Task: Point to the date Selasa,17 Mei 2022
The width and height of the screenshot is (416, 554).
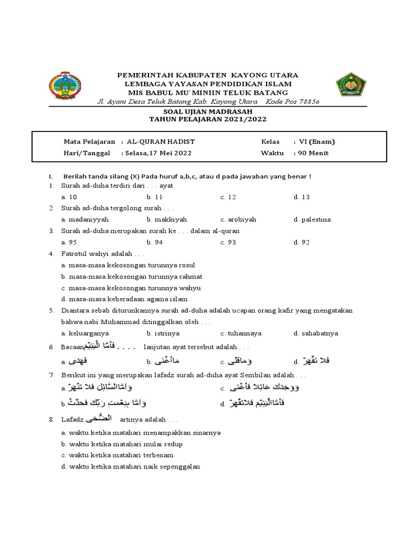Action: (x=159, y=153)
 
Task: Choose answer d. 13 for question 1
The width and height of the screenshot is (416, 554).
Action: (x=302, y=197)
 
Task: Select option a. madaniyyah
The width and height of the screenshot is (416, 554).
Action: (x=85, y=220)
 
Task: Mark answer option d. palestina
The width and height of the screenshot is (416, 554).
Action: (x=312, y=220)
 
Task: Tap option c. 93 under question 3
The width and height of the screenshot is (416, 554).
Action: (x=228, y=242)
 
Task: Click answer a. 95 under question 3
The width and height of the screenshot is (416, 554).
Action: (x=69, y=242)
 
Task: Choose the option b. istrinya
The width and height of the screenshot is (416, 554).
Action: (x=159, y=333)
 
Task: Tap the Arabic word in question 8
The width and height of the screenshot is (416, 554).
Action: (x=104, y=418)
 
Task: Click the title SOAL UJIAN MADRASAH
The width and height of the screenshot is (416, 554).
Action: (x=208, y=112)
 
